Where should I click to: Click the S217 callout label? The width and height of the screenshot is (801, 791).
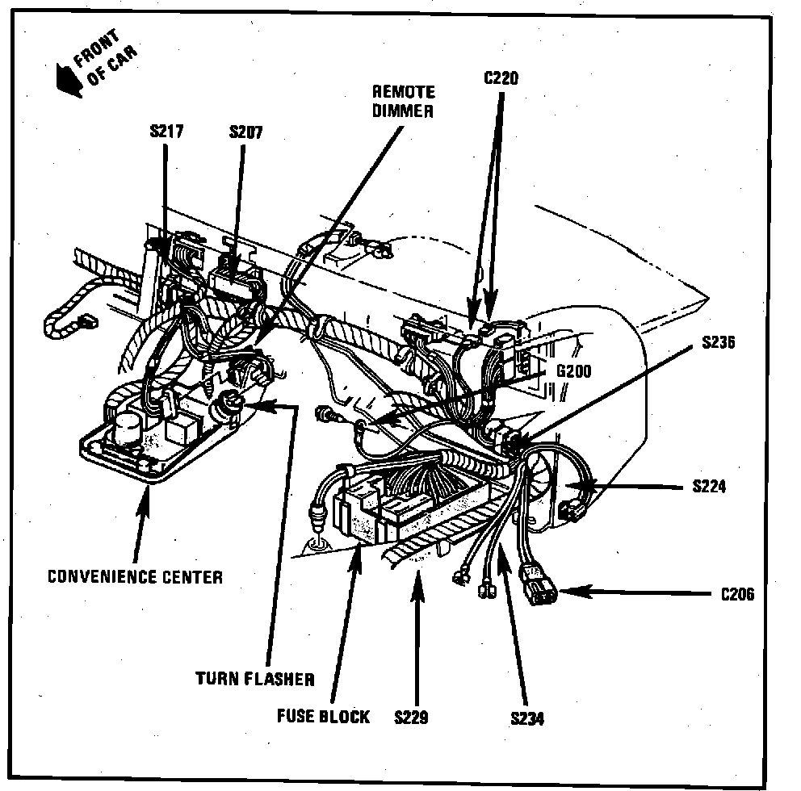click(x=166, y=131)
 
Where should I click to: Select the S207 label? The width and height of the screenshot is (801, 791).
click(x=245, y=131)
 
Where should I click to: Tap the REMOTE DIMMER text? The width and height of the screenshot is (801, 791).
click(x=403, y=102)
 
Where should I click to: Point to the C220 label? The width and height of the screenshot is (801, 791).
click(x=501, y=78)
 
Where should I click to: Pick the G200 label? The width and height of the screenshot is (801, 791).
click(x=573, y=372)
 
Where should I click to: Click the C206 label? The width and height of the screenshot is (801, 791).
click(x=736, y=595)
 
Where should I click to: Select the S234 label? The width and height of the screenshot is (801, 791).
click(x=526, y=718)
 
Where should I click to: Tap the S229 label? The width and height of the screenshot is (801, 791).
click(x=413, y=716)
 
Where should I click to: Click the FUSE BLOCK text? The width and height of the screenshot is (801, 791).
click(x=323, y=716)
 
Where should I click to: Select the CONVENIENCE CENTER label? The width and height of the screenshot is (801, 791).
click(x=135, y=576)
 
